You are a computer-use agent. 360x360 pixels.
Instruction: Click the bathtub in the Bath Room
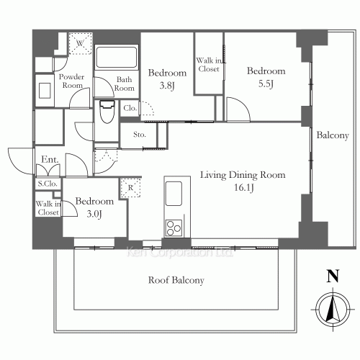[x=117, y=58]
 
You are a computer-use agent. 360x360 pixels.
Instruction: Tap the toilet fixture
[x=107, y=112]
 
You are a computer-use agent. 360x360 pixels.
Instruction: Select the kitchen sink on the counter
[x=174, y=194]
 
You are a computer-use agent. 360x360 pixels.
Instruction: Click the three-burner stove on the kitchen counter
[x=174, y=228]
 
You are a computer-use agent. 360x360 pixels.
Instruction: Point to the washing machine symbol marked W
[x=80, y=43]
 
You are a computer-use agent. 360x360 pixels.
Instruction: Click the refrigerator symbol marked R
[x=130, y=187]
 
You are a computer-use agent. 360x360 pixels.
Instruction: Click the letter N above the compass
[x=333, y=276]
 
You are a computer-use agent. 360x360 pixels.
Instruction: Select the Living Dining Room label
[x=243, y=175]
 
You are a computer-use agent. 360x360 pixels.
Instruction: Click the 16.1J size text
[x=244, y=187]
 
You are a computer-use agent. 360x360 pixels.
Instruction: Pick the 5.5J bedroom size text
[x=266, y=84]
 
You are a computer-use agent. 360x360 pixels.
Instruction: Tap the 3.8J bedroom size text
[x=167, y=86]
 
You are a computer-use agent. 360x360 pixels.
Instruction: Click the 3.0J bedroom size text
[x=94, y=214]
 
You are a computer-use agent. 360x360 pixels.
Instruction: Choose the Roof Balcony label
[x=176, y=280]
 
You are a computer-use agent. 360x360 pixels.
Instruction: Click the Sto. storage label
[x=140, y=135]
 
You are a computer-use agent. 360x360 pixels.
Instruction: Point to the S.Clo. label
[x=48, y=184]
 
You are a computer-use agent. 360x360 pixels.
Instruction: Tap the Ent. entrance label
[x=50, y=159]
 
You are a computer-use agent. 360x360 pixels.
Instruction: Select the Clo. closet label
[x=130, y=108]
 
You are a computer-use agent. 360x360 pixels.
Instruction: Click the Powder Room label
[x=72, y=81]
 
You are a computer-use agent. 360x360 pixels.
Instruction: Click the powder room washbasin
[x=45, y=91]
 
